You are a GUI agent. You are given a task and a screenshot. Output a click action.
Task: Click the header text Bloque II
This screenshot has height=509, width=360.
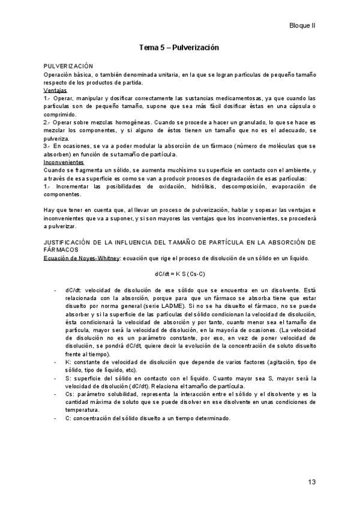click(x=302, y=26)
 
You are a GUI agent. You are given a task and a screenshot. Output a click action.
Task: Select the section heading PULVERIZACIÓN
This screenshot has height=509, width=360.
click(x=68, y=65)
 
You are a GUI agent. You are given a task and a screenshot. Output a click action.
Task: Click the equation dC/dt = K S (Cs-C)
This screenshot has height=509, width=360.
click(x=179, y=274)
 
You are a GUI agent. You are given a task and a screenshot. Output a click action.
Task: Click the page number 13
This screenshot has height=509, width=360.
click(x=311, y=482)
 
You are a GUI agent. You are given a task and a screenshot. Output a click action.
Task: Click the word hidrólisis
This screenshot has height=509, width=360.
click(x=197, y=187)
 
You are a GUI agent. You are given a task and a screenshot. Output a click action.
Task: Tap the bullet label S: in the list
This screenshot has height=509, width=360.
click(x=68, y=379)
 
